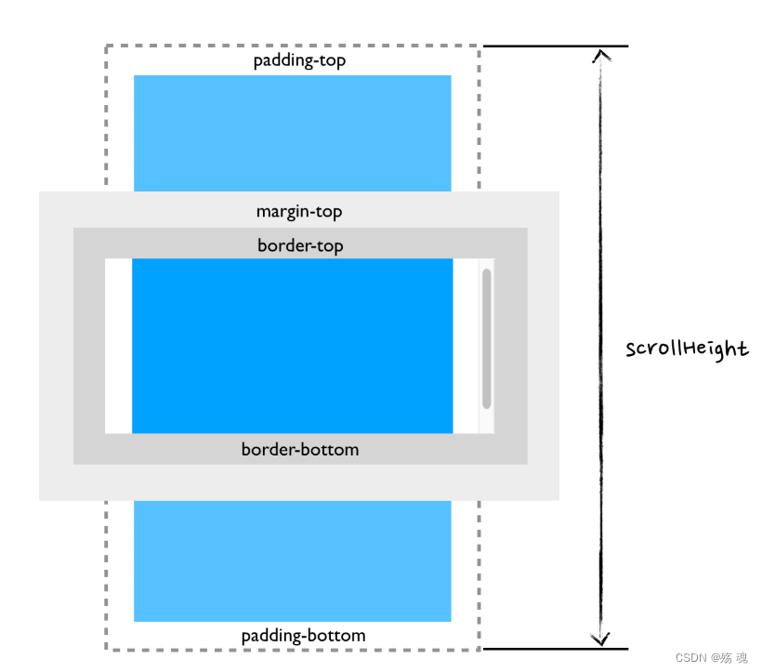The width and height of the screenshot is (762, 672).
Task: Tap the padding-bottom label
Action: pyautogui.click(x=303, y=636)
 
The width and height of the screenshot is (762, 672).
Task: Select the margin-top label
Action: pyautogui.click(x=299, y=212)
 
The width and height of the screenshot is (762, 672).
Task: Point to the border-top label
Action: pyautogui.click(x=300, y=245)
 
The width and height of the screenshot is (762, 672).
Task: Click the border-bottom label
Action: pyautogui.click(x=300, y=450)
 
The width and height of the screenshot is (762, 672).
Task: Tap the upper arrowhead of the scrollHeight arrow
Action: pyautogui.click(x=601, y=56)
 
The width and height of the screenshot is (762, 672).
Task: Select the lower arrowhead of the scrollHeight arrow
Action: pyautogui.click(x=601, y=639)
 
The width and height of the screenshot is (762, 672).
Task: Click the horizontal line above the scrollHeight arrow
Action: pyautogui.click(x=556, y=46)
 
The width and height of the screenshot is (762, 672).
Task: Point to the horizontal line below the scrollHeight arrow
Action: pyautogui.click(x=556, y=649)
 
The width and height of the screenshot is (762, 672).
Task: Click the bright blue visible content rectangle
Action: pyautogui.click(x=292, y=346)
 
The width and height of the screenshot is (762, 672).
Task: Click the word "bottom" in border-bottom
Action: pyautogui.click(x=327, y=450)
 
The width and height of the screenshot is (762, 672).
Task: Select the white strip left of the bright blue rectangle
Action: pyautogui.click(x=118, y=346)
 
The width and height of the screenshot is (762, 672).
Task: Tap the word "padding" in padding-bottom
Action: pyautogui.click(x=271, y=637)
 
